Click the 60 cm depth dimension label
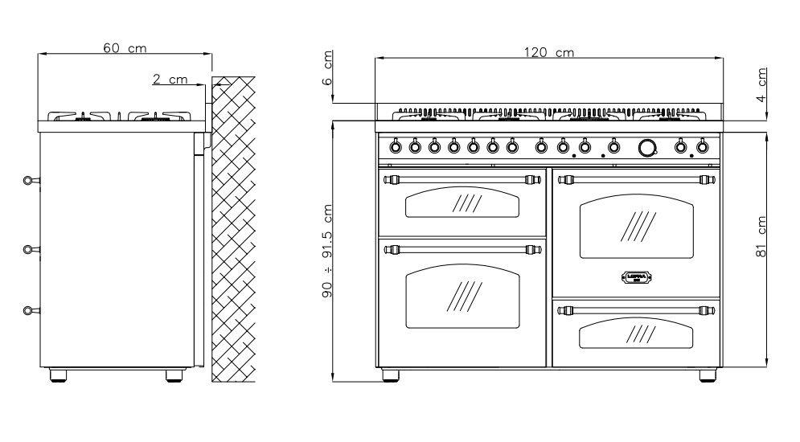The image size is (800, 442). (x=125, y=48)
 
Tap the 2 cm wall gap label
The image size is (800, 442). (x=169, y=79)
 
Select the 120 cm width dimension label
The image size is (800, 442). (x=549, y=52)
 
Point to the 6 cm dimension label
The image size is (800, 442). (x=327, y=69)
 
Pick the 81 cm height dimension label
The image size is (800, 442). (x=761, y=241)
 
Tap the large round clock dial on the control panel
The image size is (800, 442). (x=647, y=147)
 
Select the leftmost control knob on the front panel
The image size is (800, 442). (x=396, y=146)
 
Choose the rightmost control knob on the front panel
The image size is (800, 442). (x=702, y=146)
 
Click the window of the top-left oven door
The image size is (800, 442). (x=462, y=203)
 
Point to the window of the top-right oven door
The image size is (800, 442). (x=635, y=225)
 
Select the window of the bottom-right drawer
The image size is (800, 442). (x=635, y=333)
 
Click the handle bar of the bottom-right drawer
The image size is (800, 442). (x=635, y=309)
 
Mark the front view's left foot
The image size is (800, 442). (x=390, y=374)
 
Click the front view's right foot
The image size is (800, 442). (x=708, y=374)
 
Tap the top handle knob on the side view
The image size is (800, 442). (x=29, y=180)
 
